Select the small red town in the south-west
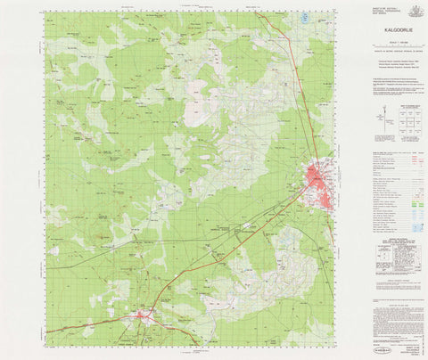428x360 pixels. (143, 315)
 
